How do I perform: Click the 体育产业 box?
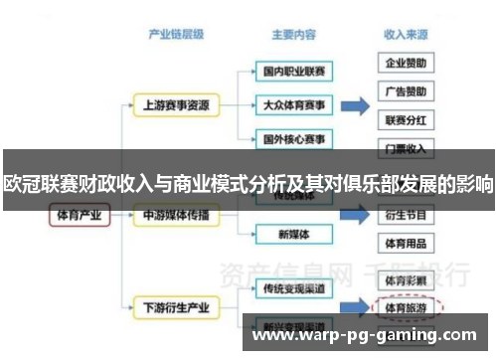tap(79, 215)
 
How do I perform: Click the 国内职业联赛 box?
tap(290, 72)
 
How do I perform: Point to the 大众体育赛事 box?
tap(290, 104)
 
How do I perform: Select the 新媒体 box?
tap(290, 235)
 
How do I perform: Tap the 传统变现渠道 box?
tap(290, 289)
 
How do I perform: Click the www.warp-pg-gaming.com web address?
tap(368, 337)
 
